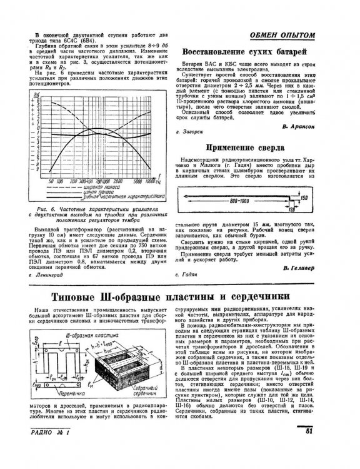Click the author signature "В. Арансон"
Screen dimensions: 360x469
[297, 126]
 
